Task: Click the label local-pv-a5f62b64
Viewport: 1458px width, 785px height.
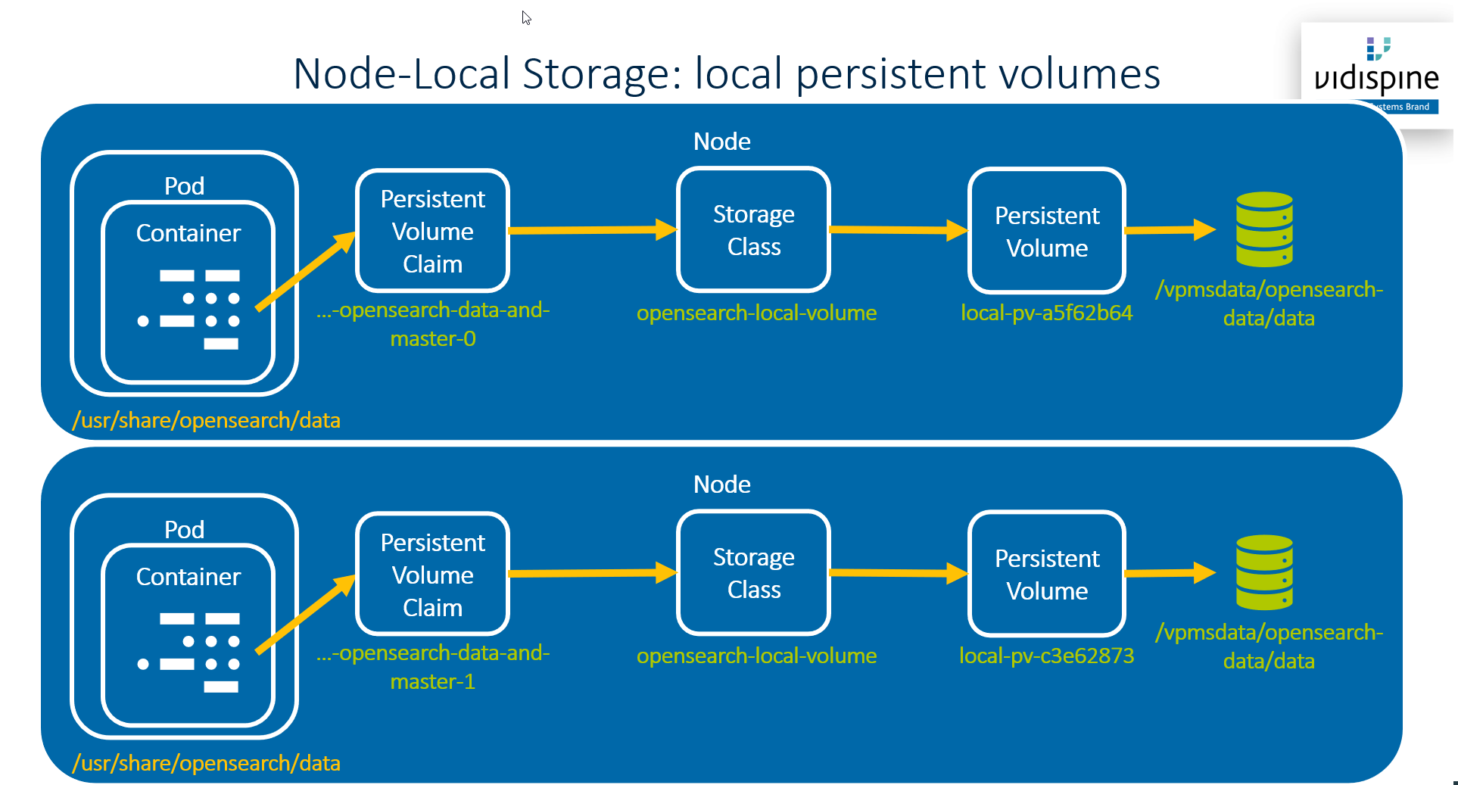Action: click(1046, 313)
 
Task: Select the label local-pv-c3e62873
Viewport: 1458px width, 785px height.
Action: click(1046, 656)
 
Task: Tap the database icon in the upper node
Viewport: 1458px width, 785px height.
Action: click(1263, 229)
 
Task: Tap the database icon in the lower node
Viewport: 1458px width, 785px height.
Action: click(1263, 572)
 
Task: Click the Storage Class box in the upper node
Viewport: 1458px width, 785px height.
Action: click(753, 230)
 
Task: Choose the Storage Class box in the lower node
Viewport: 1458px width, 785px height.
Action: click(753, 573)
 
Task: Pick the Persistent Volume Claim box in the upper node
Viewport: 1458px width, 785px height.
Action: click(432, 231)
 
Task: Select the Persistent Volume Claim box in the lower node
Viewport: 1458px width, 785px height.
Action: click(432, 575)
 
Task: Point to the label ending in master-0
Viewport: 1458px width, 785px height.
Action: click(433, 324)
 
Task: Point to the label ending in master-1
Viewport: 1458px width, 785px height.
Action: click(433, 667)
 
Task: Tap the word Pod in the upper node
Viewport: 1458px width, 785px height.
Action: click(184, 186)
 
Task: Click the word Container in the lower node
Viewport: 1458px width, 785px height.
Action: click(188, 577)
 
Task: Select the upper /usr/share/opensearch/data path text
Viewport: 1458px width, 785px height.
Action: click(206, 420)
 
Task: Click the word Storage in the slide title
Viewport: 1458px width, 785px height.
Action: click(602, 74)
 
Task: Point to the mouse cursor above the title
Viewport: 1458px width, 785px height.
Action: click(526, 17)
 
